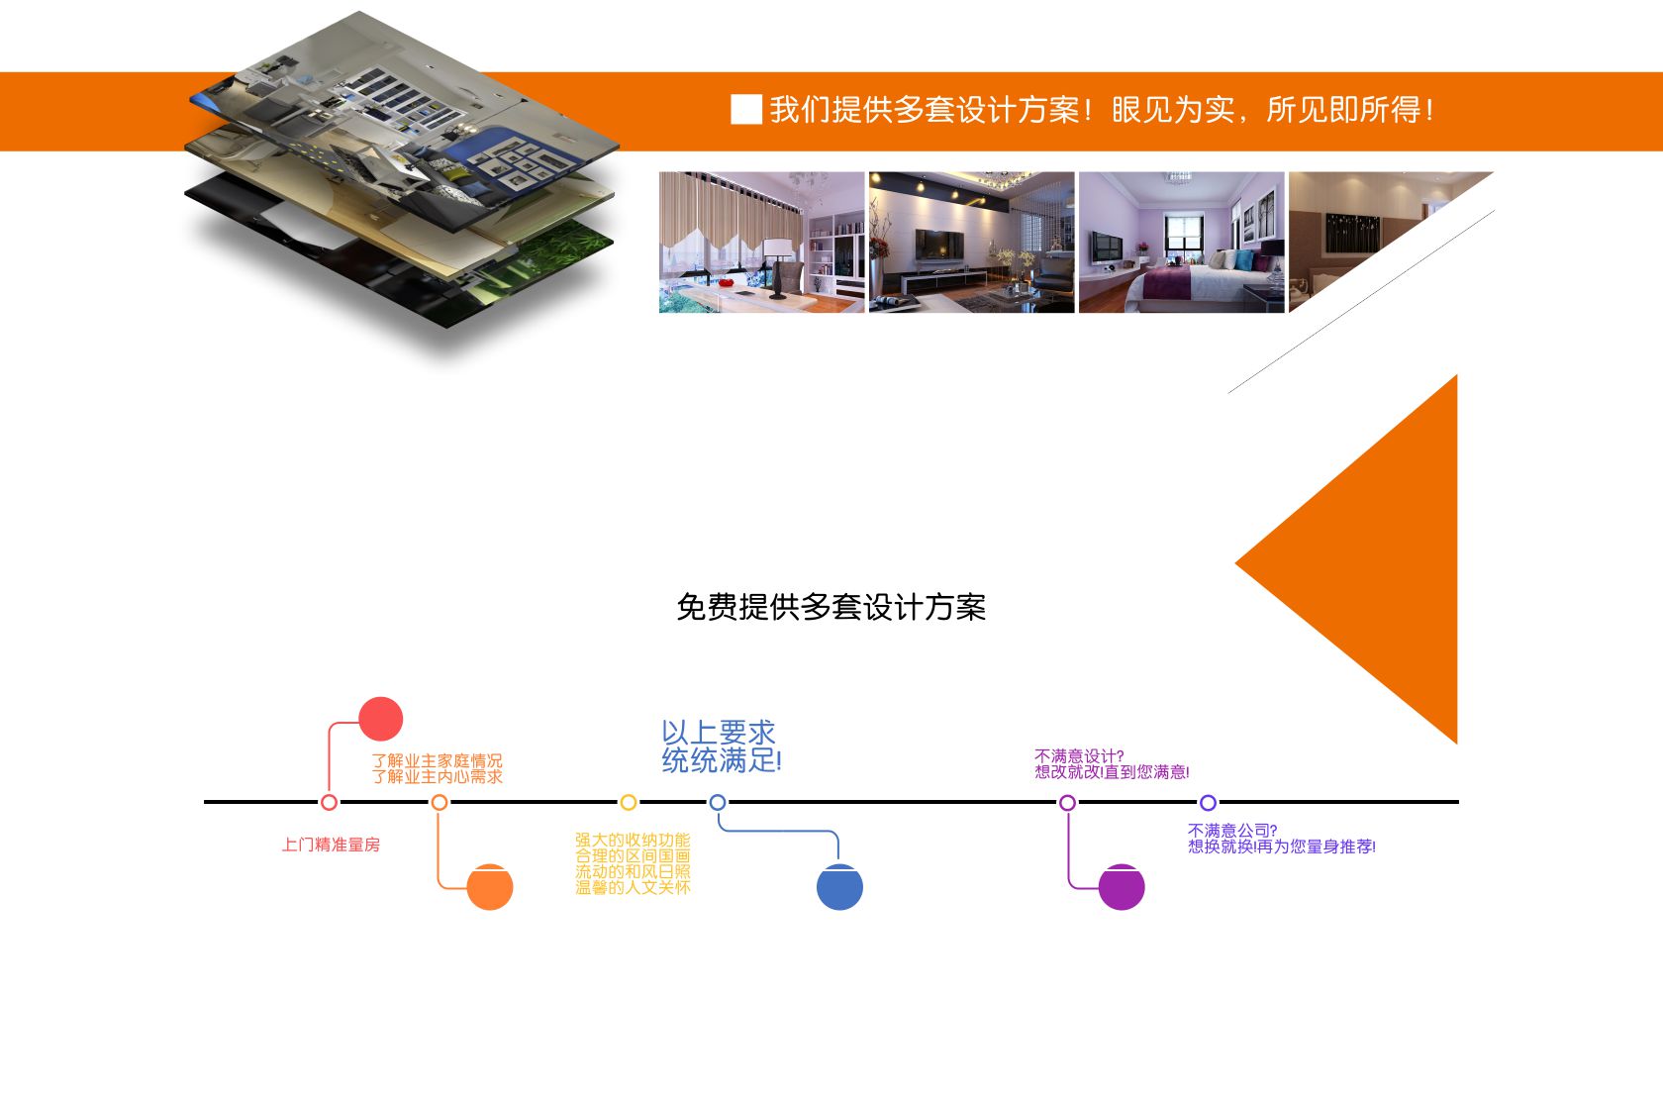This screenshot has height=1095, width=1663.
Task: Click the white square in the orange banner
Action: coord(745,109)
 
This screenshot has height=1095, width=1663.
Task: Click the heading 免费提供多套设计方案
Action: coord(831,607)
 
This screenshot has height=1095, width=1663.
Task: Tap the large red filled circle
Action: coord(380,719)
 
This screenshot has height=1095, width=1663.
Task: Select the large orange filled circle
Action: coord(490,887)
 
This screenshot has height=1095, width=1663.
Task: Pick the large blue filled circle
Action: coord(839,887)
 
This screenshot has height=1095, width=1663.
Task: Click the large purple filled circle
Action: coord(1122,887)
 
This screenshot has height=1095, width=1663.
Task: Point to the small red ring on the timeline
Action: coord(330,802)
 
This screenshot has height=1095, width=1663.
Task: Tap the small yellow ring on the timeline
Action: coord(628,802)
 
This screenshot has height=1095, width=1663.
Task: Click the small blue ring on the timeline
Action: coord(718,802)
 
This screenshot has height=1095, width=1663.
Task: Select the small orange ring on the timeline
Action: coord(440,802)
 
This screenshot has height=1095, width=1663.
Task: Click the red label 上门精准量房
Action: coord(331,845)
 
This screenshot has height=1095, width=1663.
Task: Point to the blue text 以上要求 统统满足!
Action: coord(721,747)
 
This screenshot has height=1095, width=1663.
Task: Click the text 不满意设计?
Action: coord(1079,756)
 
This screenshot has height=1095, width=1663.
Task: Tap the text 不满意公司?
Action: coord(1232,831)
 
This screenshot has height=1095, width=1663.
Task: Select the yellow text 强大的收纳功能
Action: coord(633,841)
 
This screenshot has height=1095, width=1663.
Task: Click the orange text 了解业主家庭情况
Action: coord(437,760)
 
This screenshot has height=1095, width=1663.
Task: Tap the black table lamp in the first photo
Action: coord(781,265)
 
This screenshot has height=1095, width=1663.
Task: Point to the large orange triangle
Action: coord(1376,560)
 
